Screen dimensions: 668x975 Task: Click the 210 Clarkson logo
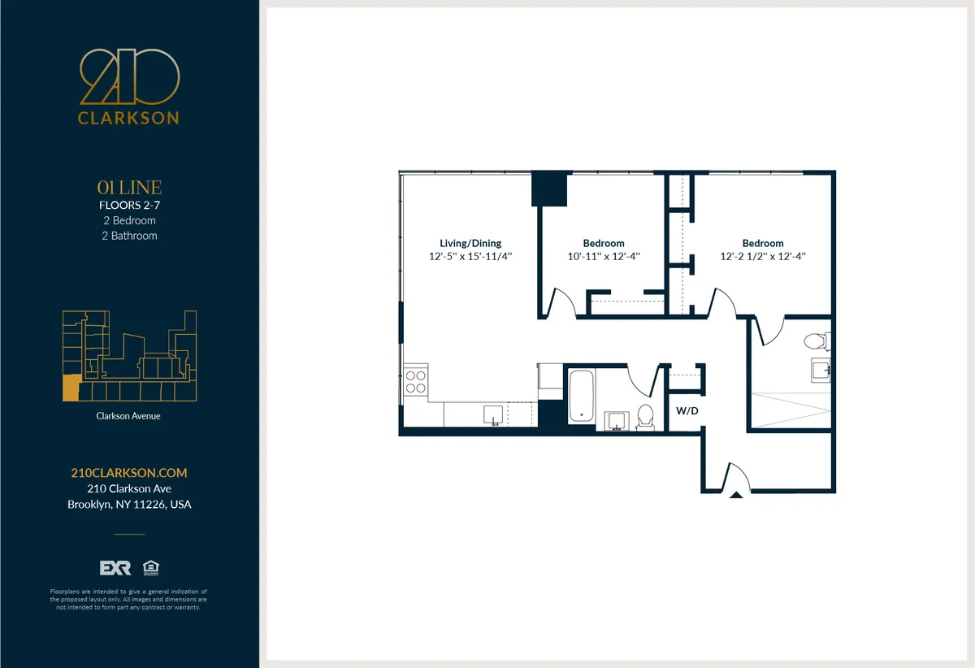click(128, 86)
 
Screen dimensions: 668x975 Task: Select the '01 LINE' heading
click(128, 189)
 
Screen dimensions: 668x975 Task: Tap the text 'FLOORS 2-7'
click(128, 206)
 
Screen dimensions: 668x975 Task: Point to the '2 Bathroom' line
click(128, 236)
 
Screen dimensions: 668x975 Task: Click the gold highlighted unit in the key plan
click(71, 388)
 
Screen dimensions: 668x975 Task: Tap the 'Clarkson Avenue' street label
click(128, 416)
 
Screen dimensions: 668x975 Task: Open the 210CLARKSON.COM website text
click(128, 473)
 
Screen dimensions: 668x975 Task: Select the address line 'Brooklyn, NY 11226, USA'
click(128, 505)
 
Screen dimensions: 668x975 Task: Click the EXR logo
click(115, 567)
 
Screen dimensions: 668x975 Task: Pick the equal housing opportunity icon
click(149, 567)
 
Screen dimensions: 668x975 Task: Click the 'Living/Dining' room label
click(470, 243)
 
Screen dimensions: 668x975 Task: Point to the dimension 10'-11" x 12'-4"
click(604, 256)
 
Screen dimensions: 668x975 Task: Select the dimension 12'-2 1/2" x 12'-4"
click(763, 256)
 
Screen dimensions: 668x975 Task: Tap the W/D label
click(687, 411)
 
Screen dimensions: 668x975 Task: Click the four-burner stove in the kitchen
click(416, 382)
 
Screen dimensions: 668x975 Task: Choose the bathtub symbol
click(580, 396)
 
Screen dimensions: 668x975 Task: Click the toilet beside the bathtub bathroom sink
click(646, 416)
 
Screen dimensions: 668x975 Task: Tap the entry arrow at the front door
click(736, 494)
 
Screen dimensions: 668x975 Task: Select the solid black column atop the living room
click(548, 189)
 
